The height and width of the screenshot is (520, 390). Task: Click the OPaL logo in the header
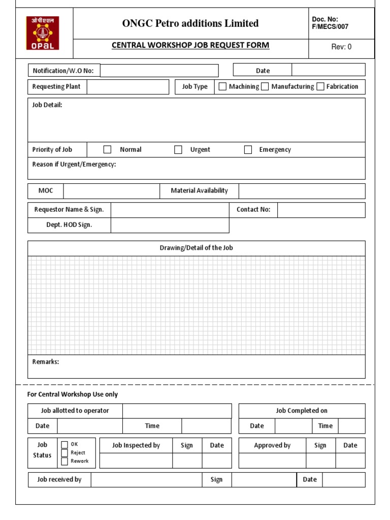43,33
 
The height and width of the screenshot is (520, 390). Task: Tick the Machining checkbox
222,86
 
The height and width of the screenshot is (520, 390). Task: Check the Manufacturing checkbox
265,86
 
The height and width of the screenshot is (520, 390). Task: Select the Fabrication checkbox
320,86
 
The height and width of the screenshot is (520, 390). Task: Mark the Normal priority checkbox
107,149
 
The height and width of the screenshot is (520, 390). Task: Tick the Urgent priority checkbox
178,149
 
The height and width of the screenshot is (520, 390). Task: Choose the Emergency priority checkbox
248,149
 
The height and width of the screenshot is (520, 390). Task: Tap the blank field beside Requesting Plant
127,87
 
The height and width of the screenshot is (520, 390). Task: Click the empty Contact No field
321,210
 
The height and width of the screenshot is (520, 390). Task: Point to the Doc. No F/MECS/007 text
330,23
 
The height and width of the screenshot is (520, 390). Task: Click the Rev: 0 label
341,47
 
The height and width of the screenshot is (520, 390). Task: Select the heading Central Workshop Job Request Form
190,45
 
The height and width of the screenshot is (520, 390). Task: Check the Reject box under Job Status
64,453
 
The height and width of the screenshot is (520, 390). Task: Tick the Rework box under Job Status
64,461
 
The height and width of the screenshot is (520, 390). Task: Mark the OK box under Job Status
64,444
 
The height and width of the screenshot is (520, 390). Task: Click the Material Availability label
199,191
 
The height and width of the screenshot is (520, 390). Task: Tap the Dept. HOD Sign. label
69,225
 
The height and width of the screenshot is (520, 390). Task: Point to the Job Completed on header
302,411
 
